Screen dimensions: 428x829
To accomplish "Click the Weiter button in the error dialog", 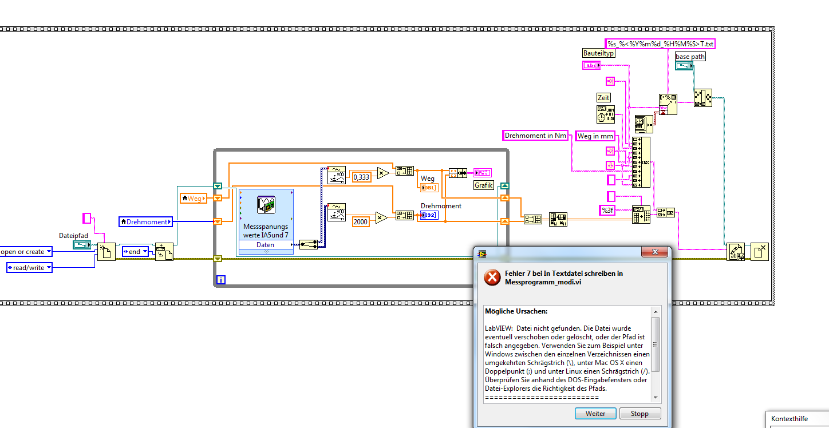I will pyautogui.click(x=595, y=413).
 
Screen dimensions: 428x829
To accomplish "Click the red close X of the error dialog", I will pyautogui.click(x=655, y=252).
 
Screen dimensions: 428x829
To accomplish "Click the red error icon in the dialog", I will pyautogui.click(x=492, y=278).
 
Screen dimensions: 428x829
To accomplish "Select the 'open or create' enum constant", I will pyautogui.click(x=26, y=252).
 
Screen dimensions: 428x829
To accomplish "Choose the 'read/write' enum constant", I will pyautogui.click(x=29, y=267).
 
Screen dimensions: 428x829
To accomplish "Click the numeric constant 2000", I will pyautogui.click(x=360, y=221).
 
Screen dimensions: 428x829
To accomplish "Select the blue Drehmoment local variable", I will pyautogui.click(x=145, y=221).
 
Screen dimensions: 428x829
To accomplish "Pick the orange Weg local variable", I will pyautogui.click(x=192, y=198).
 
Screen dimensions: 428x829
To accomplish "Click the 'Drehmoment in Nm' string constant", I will pyautogui.click(x=535, y=136).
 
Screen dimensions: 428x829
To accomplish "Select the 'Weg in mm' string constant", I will pyautogui.click(x=595, y=136).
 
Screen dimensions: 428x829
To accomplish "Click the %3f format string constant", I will pyautogui.click(x=607, y=211).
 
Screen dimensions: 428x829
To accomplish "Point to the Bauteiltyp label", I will pyautogui.click(x=598, y=53).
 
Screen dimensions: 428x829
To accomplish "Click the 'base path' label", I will pyautogui.click(x=690, y=57).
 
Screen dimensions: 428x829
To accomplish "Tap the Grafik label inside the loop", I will pyautogui.click(x=483, y=185).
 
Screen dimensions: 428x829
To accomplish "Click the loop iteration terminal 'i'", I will pyautogui.click(x=221, y=280).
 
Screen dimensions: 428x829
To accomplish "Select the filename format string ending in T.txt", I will pyautogui.click(x=660, y=43).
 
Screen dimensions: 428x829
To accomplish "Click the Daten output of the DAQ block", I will pyautogui.click(x=266, y=245).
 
